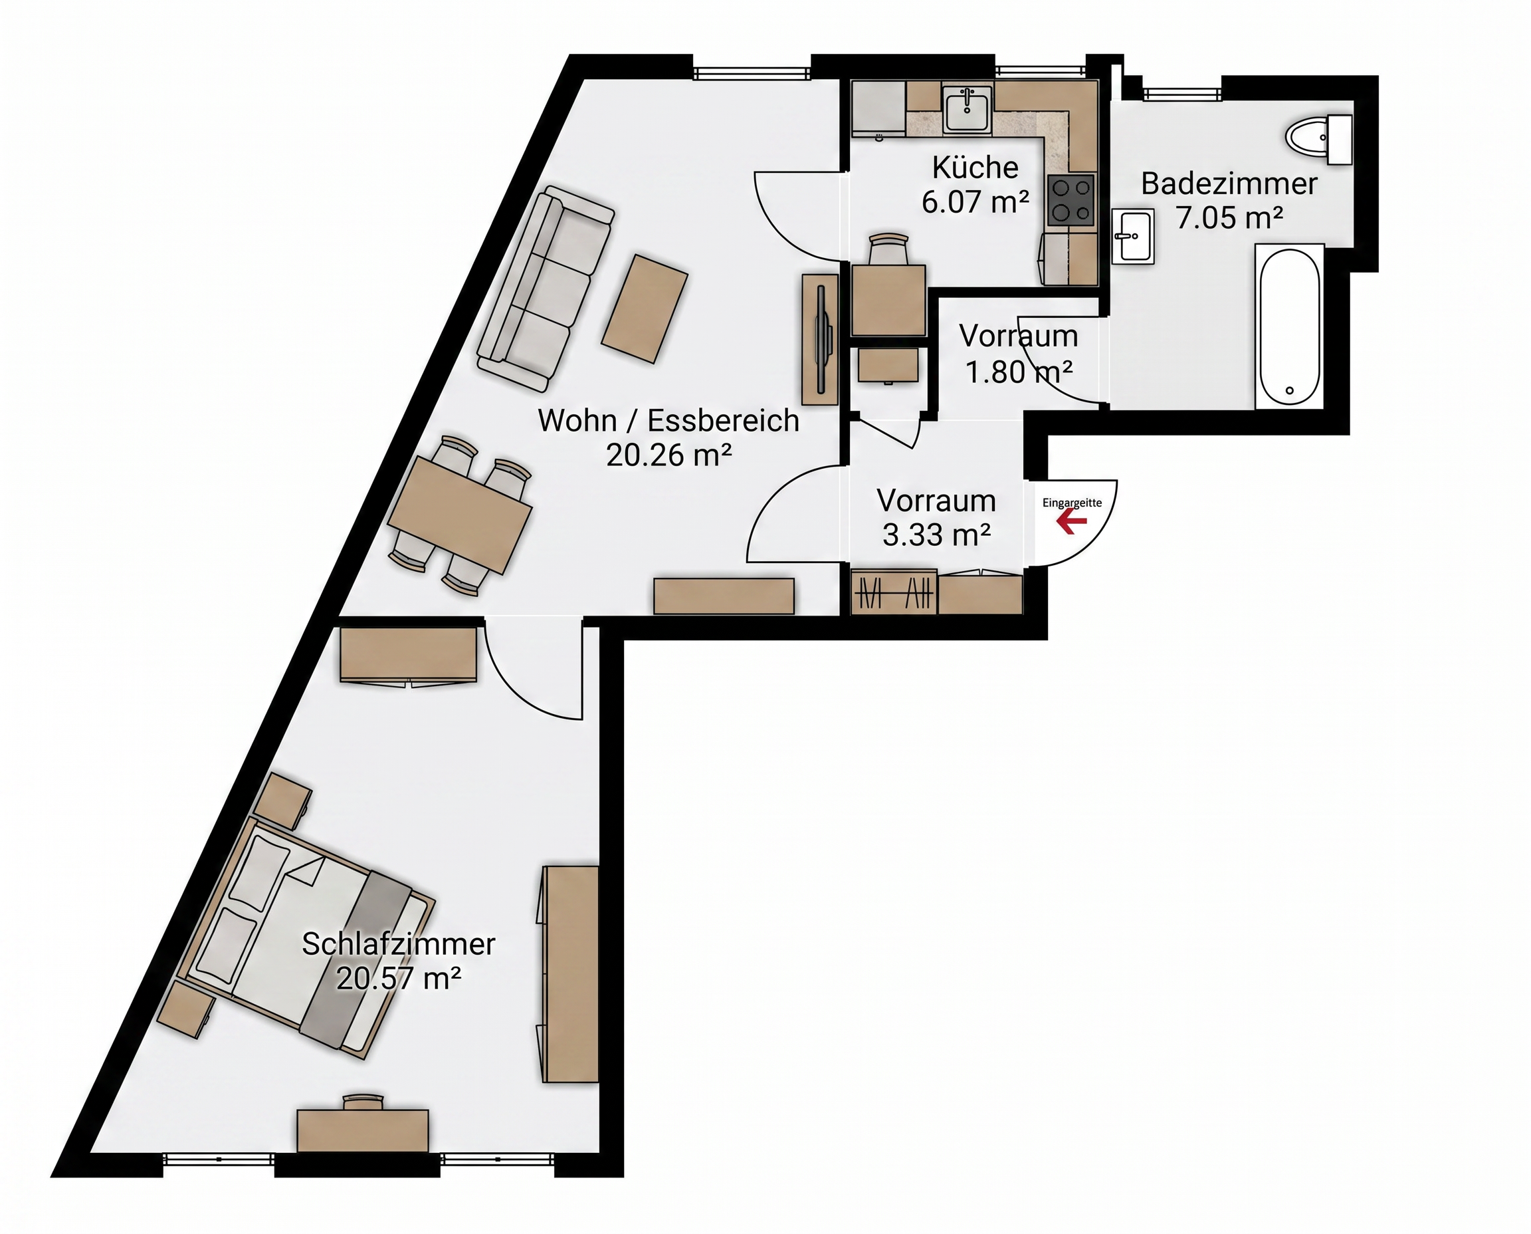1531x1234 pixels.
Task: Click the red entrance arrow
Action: coord(1071,522)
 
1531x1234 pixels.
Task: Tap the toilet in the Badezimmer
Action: coord(1318,140)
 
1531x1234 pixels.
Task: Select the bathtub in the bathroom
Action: coord(1289,326)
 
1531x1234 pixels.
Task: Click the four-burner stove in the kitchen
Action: coord(1071,199)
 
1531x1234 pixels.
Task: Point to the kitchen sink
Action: coord(967,109)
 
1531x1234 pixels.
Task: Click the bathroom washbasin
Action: coord(1132,236)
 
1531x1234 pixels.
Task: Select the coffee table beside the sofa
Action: coord(645,308)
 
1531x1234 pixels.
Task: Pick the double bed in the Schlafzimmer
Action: coord(306,937)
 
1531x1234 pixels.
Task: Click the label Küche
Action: coord(975,168)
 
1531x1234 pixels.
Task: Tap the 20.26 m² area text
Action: coord(668,455)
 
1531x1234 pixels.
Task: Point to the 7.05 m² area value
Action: coord(1229,217)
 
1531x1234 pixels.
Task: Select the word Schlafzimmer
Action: coord(398,944)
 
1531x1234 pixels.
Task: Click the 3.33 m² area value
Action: coord(936,535)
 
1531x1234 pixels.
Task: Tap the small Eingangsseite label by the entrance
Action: coord(1072,503)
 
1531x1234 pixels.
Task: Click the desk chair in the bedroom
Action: coord(362,1102)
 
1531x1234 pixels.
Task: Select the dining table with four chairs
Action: coord(460,515)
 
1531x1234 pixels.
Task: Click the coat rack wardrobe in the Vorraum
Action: coord(894,592)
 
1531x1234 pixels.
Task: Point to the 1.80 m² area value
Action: coord(1019,372)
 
